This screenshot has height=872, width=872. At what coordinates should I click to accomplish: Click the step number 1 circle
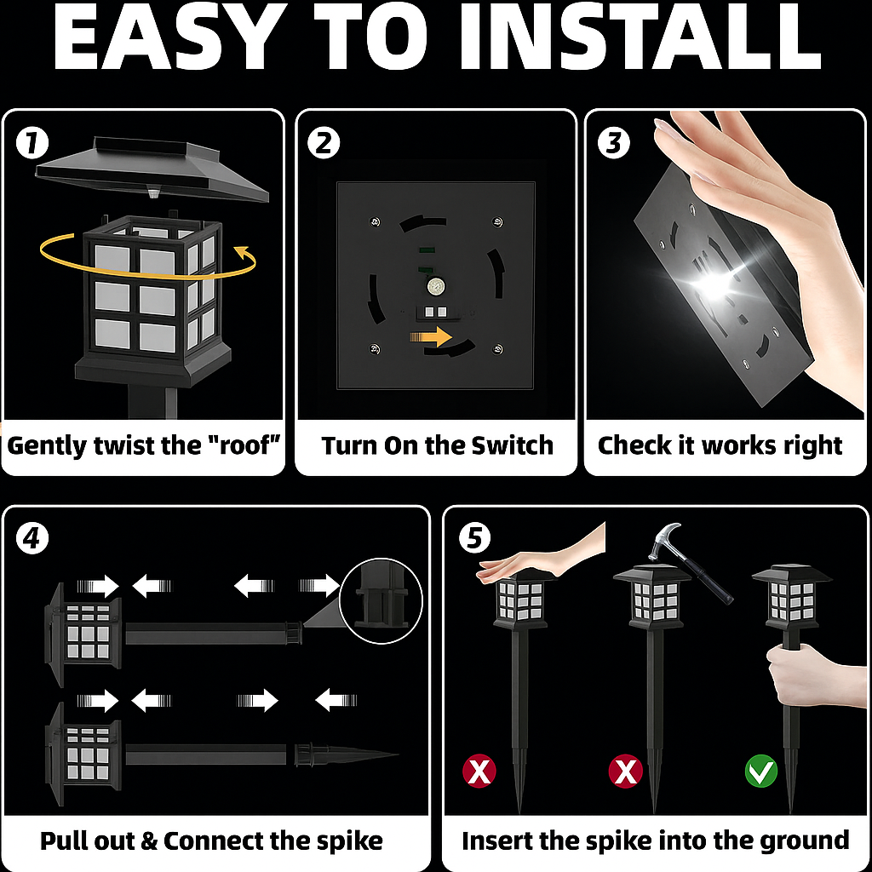tap(32, 143)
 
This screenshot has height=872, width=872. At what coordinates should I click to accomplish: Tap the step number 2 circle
tap(324, 143)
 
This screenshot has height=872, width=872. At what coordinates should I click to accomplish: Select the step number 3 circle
tap(613, 142)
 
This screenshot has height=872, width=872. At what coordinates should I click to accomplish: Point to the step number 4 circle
tap(32, 538)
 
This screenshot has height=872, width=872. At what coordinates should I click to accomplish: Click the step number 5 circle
tap(474, 538)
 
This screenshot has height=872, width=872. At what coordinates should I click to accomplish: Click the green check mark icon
tap(760, 771)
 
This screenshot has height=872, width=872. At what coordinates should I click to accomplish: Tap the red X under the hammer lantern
tap(626, 772)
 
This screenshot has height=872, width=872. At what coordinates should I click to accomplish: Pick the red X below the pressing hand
tap(479, 772)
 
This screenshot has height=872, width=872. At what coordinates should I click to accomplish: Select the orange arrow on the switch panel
tap(431, 337)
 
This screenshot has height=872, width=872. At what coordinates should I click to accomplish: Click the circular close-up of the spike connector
tap(381, 600)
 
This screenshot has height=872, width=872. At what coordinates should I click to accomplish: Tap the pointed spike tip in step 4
tap(397, 754)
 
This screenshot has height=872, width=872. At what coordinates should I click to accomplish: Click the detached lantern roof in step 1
tap(152, 169)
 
